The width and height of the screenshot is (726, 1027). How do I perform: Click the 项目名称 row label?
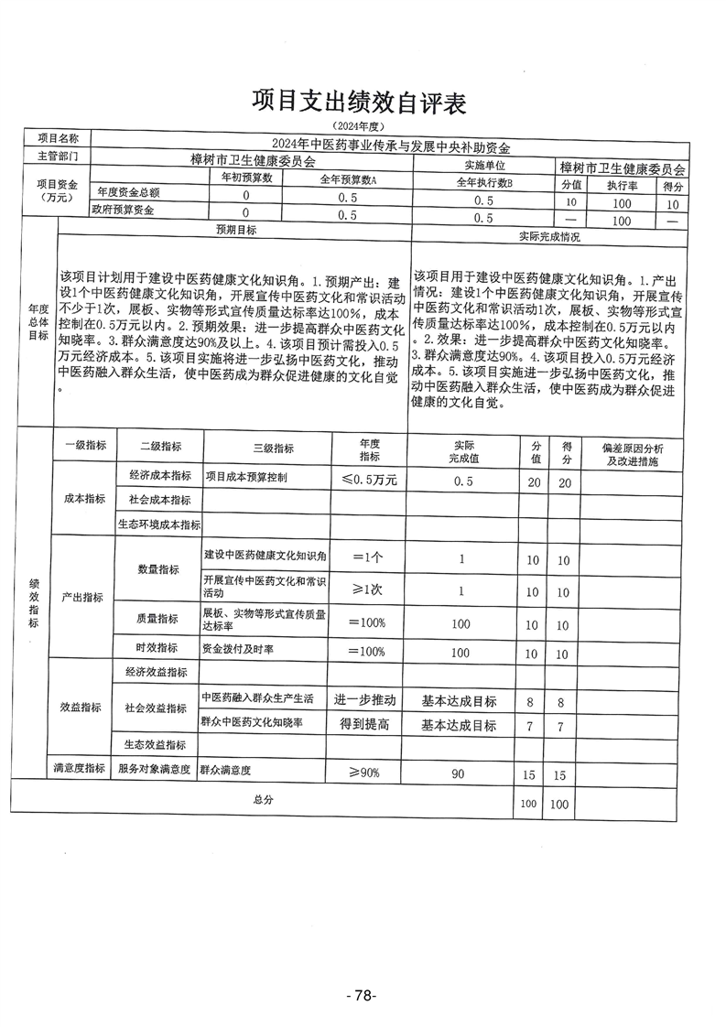click(x=59, y=137)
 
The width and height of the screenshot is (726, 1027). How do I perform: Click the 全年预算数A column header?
click(x=348, y=180)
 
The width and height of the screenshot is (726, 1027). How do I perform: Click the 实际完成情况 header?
click(x=548, y=236)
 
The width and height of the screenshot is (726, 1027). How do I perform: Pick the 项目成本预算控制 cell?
click(x=245, y=477)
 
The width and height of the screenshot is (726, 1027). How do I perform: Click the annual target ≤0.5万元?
click(x=369, y=480)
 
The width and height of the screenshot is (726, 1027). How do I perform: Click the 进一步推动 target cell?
click(x=364, y=699)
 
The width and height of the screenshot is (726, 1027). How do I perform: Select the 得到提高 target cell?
click(x=364, y=724)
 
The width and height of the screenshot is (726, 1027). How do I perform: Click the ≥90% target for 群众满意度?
click(x=363, y=773)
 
